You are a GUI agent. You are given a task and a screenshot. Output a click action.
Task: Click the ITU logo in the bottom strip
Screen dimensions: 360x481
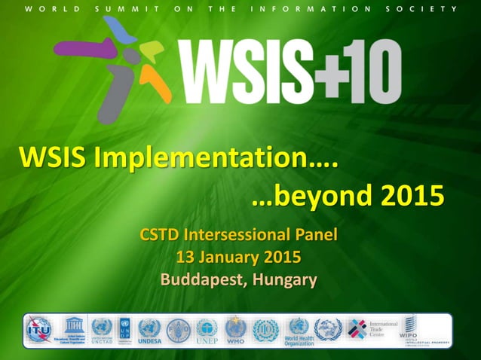coord(38,329)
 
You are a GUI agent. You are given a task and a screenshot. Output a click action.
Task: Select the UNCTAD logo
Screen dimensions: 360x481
coord(101,330)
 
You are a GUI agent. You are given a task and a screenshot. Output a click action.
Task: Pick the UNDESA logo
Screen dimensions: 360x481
coord(149,330)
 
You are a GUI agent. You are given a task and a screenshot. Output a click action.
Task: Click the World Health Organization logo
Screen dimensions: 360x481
coord(299,331)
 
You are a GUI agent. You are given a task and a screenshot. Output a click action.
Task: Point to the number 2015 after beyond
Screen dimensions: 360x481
coord(412,197)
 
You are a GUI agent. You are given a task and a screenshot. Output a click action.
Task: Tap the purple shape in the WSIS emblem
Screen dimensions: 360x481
coord(82,50)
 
